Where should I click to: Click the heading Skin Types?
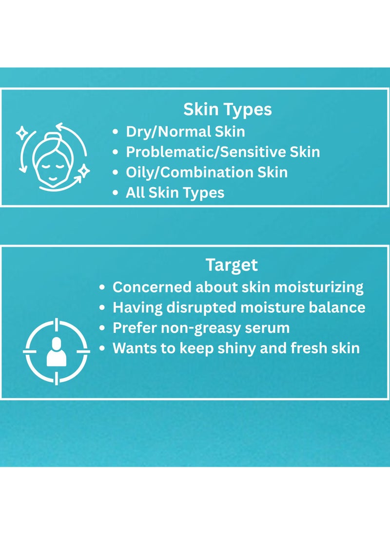pos(228,110)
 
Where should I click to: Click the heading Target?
pos(232,265)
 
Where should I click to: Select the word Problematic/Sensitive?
pos(206,152)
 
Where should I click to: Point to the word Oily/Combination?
pos(189,172)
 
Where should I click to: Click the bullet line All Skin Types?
pos(175,193)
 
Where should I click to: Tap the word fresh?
pos(304,348)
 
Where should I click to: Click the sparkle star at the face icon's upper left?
pos(22,133)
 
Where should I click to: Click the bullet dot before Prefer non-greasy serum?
pos(102,328)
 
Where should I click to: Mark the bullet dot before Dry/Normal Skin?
pos(116,132)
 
